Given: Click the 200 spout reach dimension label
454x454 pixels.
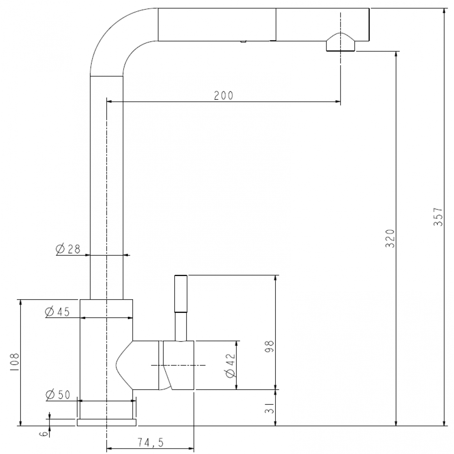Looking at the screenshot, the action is pos(223,95).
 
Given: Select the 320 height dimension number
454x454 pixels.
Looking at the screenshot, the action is pos(390,239).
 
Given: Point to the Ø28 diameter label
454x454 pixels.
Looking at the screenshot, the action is pos(69,249).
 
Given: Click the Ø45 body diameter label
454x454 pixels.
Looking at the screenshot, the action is pos(58,311).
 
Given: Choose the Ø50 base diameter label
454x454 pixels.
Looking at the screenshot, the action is pos(58,395).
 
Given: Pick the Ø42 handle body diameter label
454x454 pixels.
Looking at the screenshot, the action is pos(231,365).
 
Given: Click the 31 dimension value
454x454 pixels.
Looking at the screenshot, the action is pos(269,408).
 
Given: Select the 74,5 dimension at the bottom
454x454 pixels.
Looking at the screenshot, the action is pos(150,442).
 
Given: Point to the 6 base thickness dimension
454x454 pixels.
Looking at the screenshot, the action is pos(44,434).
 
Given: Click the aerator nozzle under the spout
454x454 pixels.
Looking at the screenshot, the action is pos(340,42).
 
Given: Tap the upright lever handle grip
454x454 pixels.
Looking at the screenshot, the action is pos(181,294).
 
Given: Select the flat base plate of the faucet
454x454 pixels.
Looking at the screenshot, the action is pos(107,422).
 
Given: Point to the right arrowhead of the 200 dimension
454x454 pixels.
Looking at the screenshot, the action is pos(338,101).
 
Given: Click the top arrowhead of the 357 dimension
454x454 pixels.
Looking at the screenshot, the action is pos(444,11).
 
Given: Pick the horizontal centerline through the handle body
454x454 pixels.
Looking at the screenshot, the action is pos(178,365).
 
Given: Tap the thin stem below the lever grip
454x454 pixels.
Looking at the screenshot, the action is pos(181,326).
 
